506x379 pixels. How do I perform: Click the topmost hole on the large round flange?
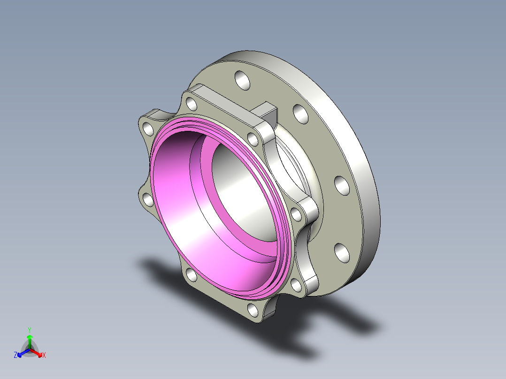(x=242, y=80)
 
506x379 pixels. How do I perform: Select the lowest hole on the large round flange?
(x=342, y=253)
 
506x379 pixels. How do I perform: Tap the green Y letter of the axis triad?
(x=30, y=330)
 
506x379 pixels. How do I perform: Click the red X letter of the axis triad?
(x=44, y=355)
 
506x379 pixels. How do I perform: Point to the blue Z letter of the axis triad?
(x=15, y=355)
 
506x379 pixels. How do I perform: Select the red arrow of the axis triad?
(x=36, y=352)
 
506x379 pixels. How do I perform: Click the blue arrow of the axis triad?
(x=23, y=352)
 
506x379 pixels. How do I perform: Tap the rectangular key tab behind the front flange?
(x=266, y=114)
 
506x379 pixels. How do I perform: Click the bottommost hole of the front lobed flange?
(x=253, y=310)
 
